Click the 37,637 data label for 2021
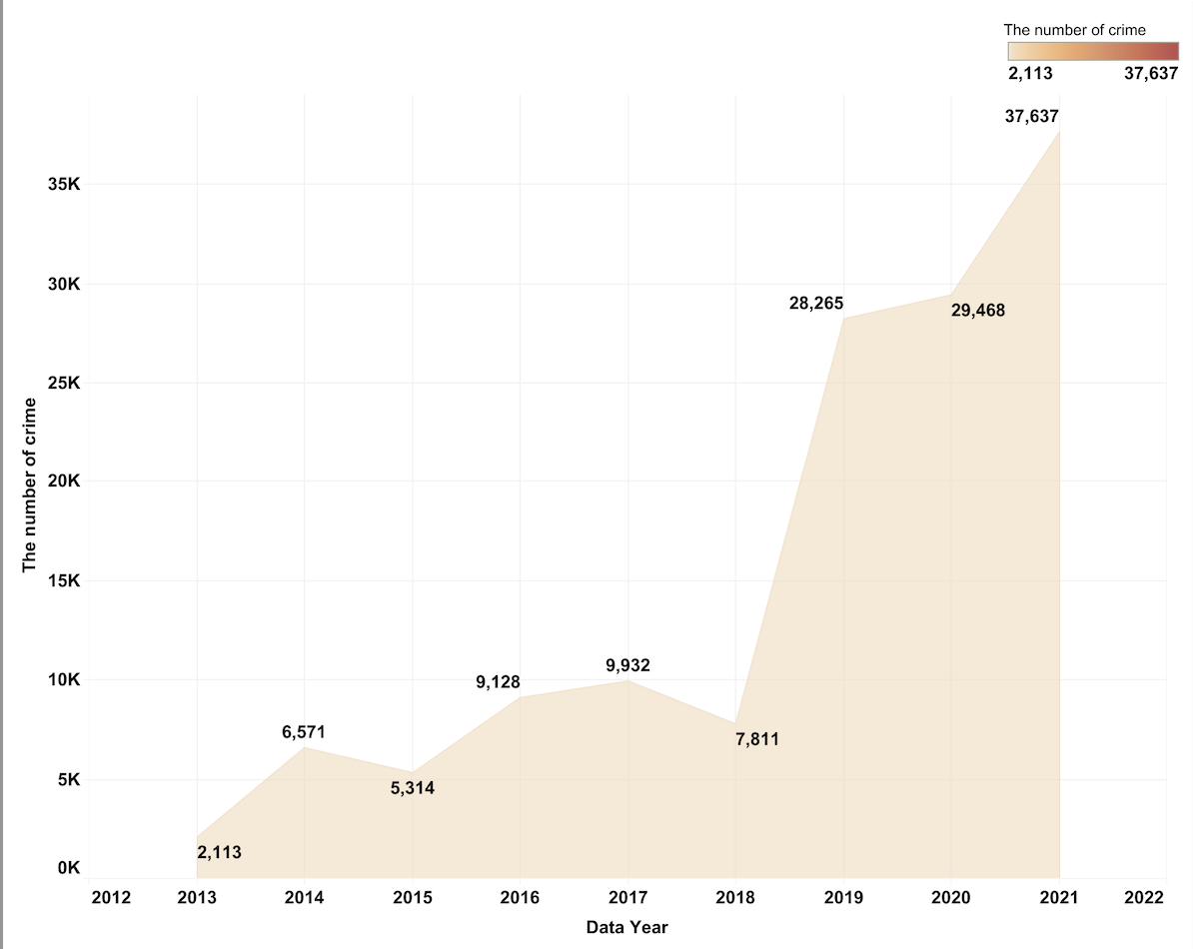(x=1031, y=117)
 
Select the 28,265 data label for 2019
(x=816, y=304)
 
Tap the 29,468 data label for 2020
(x=977, y=311)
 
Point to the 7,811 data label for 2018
(x=756, y=740)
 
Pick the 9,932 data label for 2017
(x=628, y=665)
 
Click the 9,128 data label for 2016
(x=498, y=683)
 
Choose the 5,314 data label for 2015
(x=413, y=788)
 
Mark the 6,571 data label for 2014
(x=304, y=733)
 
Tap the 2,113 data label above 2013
(x=220, y=853)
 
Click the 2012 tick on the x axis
(x=111, y=898)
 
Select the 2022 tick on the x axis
(x=1144, y=898)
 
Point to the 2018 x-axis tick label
(x=736, y=898)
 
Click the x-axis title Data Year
(x=626, y=927)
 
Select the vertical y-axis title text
(x=29, y=484)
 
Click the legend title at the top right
(x=1074, y=30)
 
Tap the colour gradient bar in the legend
(x=1093, y=52)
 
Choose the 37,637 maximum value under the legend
(x=1151, y=74)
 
